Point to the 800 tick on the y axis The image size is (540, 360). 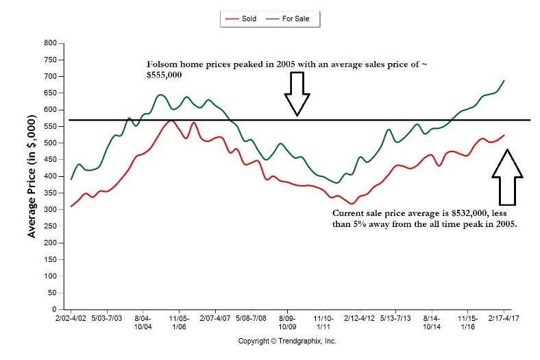[x=50, y=43]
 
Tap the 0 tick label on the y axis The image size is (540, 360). [x=54, y=310]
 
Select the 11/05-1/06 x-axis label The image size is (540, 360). [x=179, y=323]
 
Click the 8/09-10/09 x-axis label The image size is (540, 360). [x=287, y=323]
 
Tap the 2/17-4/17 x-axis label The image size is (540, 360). [x=504, y=319]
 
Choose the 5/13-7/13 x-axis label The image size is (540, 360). [x=395, y=319]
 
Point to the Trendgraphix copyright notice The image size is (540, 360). [x=287, y=341]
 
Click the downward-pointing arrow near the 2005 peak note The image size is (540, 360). [x=297, y=94]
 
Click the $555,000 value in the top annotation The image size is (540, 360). [x=165, y=75]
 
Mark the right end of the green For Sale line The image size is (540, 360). [x=504, y=80]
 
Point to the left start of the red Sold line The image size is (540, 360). [x=71, y=206]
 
